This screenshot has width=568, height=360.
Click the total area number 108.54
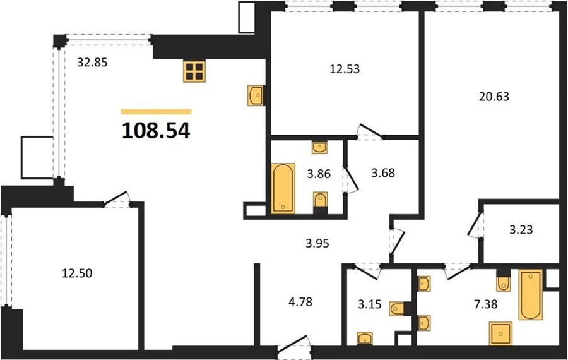coord(156,131)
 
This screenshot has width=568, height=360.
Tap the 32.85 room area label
coord(92,63)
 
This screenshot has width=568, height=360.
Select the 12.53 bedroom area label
coord(345,69)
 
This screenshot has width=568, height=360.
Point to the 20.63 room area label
coord(494,97)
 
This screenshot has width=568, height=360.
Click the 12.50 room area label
coord(77,273)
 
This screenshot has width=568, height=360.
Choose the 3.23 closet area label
coord(521,229)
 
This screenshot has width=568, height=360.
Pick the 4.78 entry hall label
coord(300,302)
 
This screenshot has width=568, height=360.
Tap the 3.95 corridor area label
coord(317,243)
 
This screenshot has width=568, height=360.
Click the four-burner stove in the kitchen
coord(194,71)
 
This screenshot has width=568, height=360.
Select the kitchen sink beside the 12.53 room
coord(255,95)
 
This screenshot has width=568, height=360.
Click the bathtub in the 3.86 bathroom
coord(283,188)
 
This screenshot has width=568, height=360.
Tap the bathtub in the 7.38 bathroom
coord(531,295)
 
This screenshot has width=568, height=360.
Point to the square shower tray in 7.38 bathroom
coord(500,333)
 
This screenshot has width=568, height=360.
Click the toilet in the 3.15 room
coord(398,309)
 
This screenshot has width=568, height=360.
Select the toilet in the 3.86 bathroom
coord(320,201)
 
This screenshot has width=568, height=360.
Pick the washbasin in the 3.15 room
coord(365,338)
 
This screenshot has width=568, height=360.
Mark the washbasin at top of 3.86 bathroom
coord(319,147)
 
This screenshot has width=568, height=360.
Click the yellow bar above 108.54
coord(156,112)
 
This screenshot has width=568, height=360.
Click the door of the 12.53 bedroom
coord(370,131)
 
